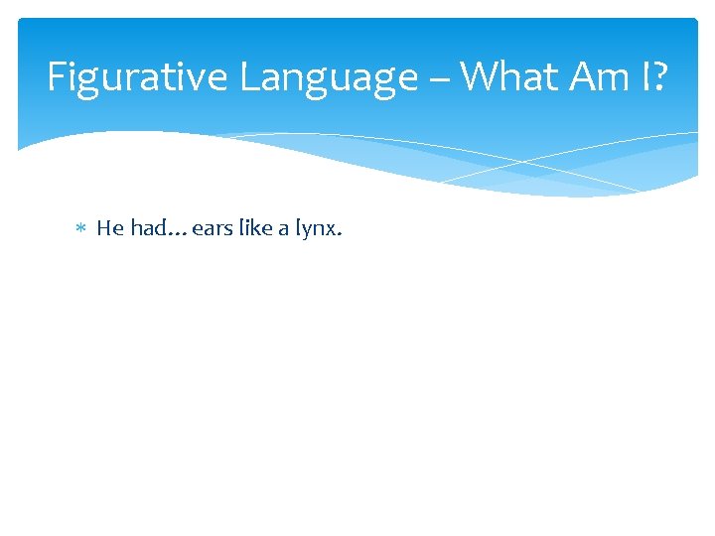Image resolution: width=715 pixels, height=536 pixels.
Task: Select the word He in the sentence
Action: (109, 228)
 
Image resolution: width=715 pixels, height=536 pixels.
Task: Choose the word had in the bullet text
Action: (148, 228)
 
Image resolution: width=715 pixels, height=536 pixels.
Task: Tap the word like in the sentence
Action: (254, 228)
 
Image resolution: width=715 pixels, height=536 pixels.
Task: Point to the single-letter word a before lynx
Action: (283, 230)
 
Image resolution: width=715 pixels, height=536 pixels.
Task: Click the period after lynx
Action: (341, 235)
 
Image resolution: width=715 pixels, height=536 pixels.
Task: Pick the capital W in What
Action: (481, 76)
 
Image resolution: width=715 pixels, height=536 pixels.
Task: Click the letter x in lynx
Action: (333, 230)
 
